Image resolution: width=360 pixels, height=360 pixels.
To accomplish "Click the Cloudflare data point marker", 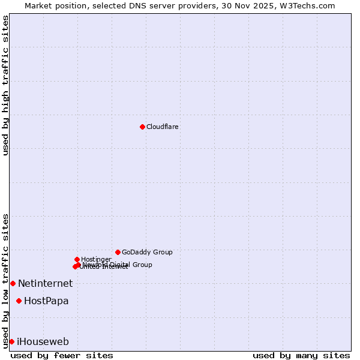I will tap(142, 127).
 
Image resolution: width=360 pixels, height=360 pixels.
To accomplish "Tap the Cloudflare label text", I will tap(163, 127).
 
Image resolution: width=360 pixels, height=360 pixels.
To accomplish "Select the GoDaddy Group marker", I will tap(118, 252).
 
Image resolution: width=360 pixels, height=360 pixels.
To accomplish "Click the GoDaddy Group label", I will tap(147, 252).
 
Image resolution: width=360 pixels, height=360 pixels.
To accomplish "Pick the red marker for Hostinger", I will tap(77, 259).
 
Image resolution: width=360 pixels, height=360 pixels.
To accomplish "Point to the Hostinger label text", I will tap(96, 259).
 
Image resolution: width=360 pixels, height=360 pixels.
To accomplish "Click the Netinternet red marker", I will tap(13, 283).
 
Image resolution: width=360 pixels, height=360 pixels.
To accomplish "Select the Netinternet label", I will tap(45, 283).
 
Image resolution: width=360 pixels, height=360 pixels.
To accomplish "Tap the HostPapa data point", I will tap(19, 301).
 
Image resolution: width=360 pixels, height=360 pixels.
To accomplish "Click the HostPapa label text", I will tap(46, 301).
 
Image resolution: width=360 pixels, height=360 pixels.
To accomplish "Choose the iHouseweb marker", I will tap(11, 341).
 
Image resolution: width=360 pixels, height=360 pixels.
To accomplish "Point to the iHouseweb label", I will tap(43, 341).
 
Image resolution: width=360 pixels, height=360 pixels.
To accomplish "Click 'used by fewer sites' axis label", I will tap(62, 355).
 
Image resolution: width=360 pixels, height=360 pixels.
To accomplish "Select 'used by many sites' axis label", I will tap(301, 355).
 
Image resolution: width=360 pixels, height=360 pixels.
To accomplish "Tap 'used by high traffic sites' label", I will tap(5, 85).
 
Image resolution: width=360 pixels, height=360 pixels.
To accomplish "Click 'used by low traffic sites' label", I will tap(5, 281).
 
